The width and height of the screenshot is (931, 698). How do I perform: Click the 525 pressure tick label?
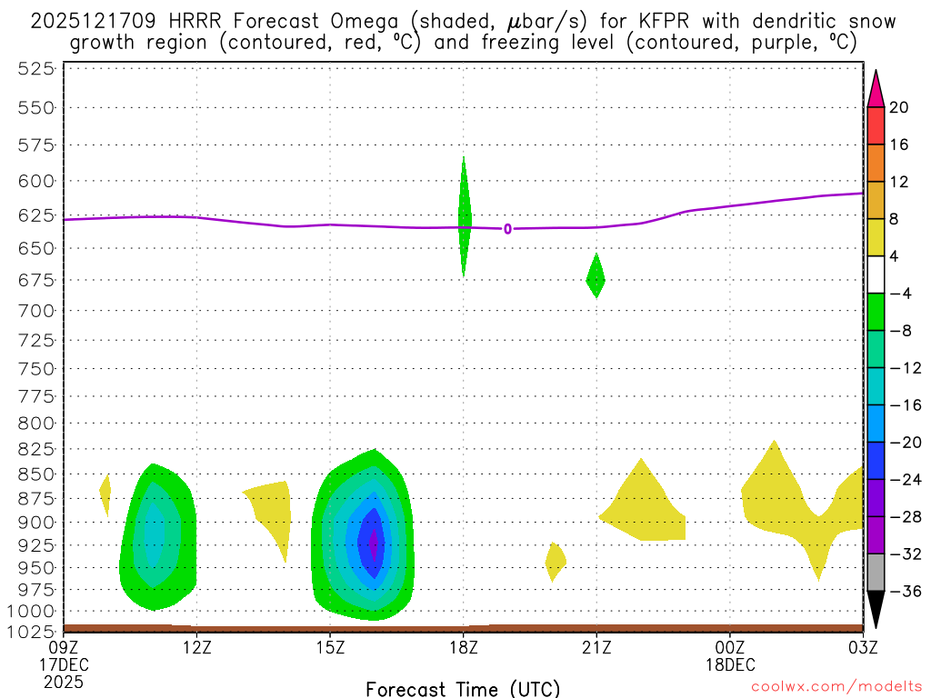[x=36, y=68]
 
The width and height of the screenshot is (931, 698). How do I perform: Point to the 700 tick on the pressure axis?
[x=36, y=311]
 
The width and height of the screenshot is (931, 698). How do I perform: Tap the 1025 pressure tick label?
[x=32, y=631]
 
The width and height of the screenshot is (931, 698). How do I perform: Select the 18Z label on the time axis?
[x=464, y=648]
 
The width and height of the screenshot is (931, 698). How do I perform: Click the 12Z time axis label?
[x=197, y=648]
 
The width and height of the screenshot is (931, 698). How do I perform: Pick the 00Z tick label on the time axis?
[x=730, y=648]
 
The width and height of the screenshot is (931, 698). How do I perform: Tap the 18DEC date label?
[x=730, y=664]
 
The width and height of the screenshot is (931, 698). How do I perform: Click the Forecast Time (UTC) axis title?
[x=463, y=688]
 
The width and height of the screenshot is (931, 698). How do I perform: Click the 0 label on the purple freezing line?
[x=507, y=229]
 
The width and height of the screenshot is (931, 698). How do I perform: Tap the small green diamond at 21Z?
[x=596, y=275]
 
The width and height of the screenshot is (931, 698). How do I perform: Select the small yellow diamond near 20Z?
[x=556, y=562]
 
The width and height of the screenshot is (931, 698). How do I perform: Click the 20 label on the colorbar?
[x=900, y=107]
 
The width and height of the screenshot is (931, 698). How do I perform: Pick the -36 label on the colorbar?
[x=900, y=591]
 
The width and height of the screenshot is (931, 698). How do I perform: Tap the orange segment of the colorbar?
[x=876, y=164]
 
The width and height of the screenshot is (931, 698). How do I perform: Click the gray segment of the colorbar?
[x=876, y=573]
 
